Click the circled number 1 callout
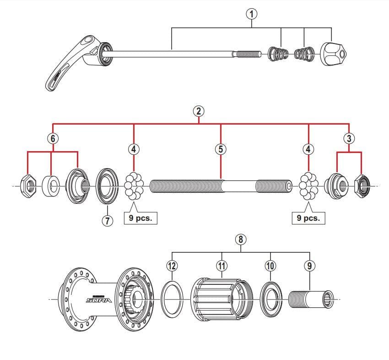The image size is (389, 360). [251, 14]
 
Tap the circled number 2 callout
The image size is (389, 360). [199, 110]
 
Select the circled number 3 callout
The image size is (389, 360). [349, 137]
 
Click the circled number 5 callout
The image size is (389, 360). [221, 149]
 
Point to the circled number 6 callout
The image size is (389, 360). [53, 137]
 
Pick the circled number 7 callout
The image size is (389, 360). [107, 220]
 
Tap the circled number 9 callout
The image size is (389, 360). [309, 265]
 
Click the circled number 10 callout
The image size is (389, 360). [270, 265]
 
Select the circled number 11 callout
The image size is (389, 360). [222, 265]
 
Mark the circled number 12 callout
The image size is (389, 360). [173, 265]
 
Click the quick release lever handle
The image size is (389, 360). [69, 66]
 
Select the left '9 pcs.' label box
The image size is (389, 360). [140, 218]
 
